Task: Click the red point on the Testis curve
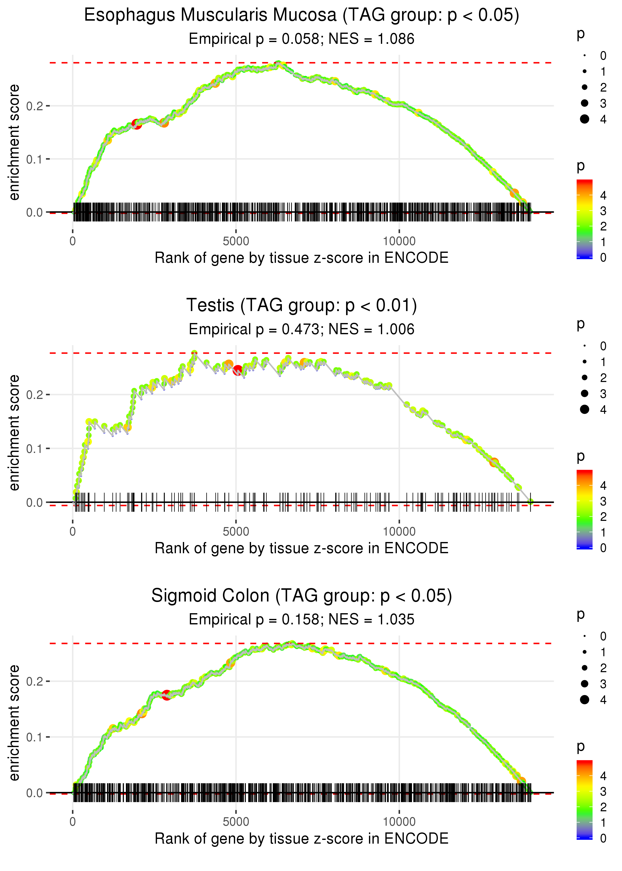[x=238, y=370]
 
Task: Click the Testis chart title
[x=302, y=305]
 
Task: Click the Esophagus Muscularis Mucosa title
[x=302, y=15]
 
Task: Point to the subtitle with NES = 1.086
[x=302, y=39]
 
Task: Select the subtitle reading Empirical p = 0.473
[x=302, y=329]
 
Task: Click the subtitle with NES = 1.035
[x=302, y=619]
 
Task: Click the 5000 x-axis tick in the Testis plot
[x=236, y=532]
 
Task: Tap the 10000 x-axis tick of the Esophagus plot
[x=399, y=241]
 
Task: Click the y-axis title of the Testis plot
[x=14, y=433]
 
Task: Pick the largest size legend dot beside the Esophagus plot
[x=584, y=119]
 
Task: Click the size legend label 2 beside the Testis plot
[x=603, y=378]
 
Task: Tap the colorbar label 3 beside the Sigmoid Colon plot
[x=603, y=791]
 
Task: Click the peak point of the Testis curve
[x=195, y=353]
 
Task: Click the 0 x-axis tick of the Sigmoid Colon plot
[x=73, y=822]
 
